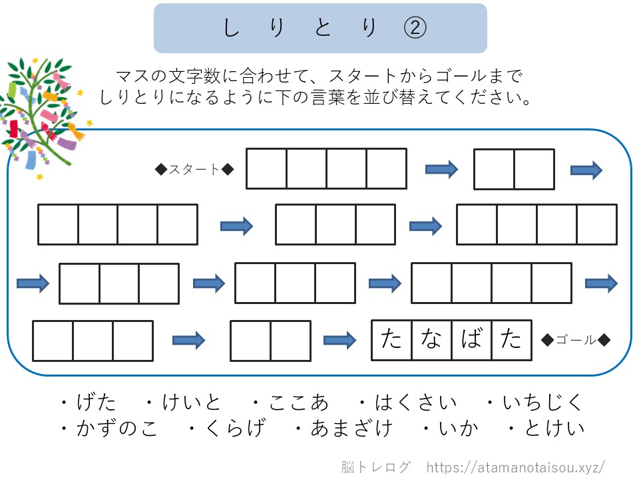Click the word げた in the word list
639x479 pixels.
(97, 402)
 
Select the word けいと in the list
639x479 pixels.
(192, 402)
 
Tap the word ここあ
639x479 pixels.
(298, 402)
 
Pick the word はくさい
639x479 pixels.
(415, 402)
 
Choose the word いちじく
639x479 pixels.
(542, 402)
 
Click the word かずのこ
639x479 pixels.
(117, 428)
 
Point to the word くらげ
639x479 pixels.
(236, 428)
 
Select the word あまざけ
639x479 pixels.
(351, 428)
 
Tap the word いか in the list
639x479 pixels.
(459, 428)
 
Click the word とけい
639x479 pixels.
(554, 428)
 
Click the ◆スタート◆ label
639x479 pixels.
(194, 169)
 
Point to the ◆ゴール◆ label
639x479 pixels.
(576, 340)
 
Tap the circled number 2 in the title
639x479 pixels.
(415, 28)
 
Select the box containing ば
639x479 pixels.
(471, 340)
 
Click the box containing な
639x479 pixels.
(431, 340)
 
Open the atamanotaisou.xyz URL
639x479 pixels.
(515, 467)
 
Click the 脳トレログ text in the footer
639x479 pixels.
(375, 467)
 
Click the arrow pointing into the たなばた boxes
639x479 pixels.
(339, 340)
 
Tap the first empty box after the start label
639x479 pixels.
(266, 168)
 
